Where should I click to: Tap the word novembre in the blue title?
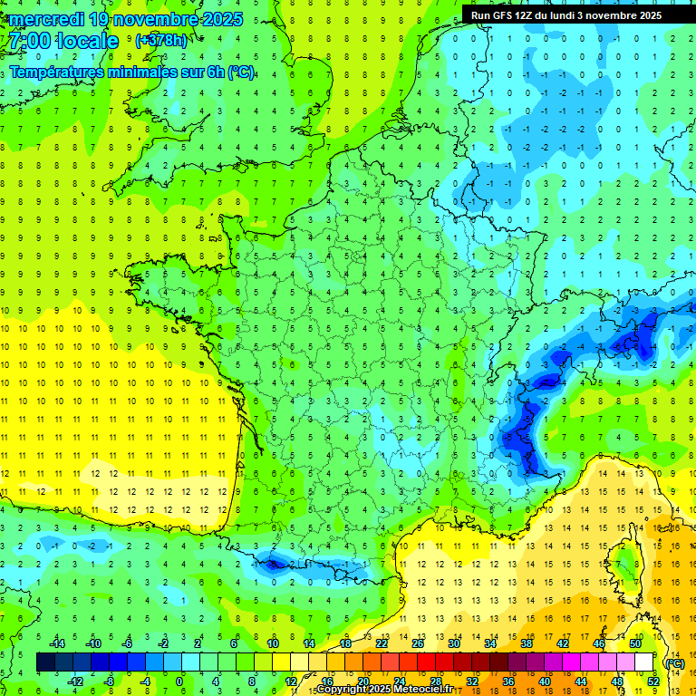pyautogui.click(x=155, y=19)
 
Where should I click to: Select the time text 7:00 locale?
pyautogui.click(x=63, y=41)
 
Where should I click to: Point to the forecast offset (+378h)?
pyautogui.click(x=162, y=41)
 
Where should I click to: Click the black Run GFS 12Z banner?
pyautogui.click(x=566, y=14)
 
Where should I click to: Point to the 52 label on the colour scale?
pyautogui.click(x=653, y=681)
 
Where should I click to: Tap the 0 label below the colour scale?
pyautogui.click(x=179, y=681)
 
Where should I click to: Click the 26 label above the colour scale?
pyautogui.click(x=418, y=643)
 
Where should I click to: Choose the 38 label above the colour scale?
pyautogui.click(x=527, y=643)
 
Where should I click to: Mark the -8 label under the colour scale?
pyautogui.click(x=109, y=681)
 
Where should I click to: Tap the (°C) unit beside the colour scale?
pyautogui.click(x=674, y=662)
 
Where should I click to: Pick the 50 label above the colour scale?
pyautogui.click(x=635, y=643)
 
